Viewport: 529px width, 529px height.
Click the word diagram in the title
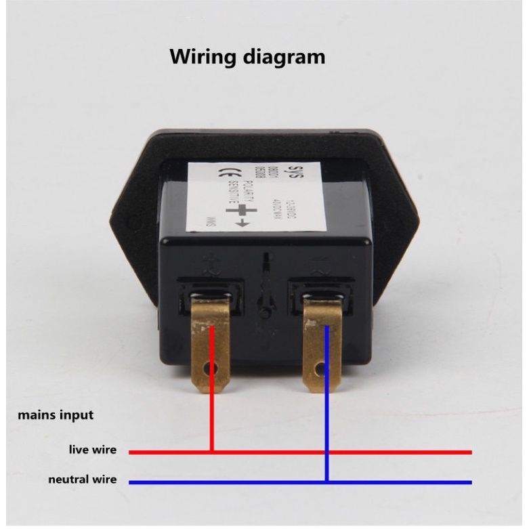click(285, 57)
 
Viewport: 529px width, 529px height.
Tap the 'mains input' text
click(56, 415)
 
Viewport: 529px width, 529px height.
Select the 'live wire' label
click(92, 450)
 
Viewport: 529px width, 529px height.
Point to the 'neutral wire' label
click(82, 480)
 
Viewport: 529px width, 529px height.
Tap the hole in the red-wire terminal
click(215, 370)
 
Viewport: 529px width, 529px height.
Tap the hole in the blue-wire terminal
click(319, 371)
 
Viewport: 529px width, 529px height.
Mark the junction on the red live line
click(212, 451)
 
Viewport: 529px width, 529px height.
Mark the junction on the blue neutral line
click(326, 482)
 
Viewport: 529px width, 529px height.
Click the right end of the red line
click(470, 451)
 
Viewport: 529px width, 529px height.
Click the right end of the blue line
click(470, 482)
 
